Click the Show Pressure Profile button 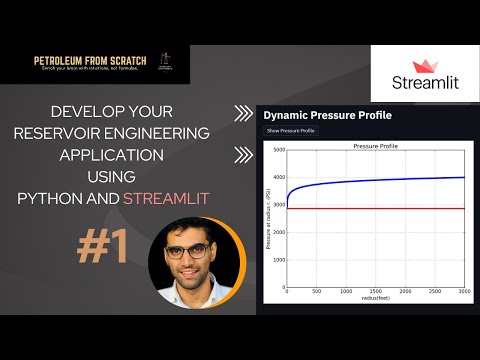291,131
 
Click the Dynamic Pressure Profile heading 327,115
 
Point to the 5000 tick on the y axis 280,150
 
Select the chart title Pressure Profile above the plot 375,146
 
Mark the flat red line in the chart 375,208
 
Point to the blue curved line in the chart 375,181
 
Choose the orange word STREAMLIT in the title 166,197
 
